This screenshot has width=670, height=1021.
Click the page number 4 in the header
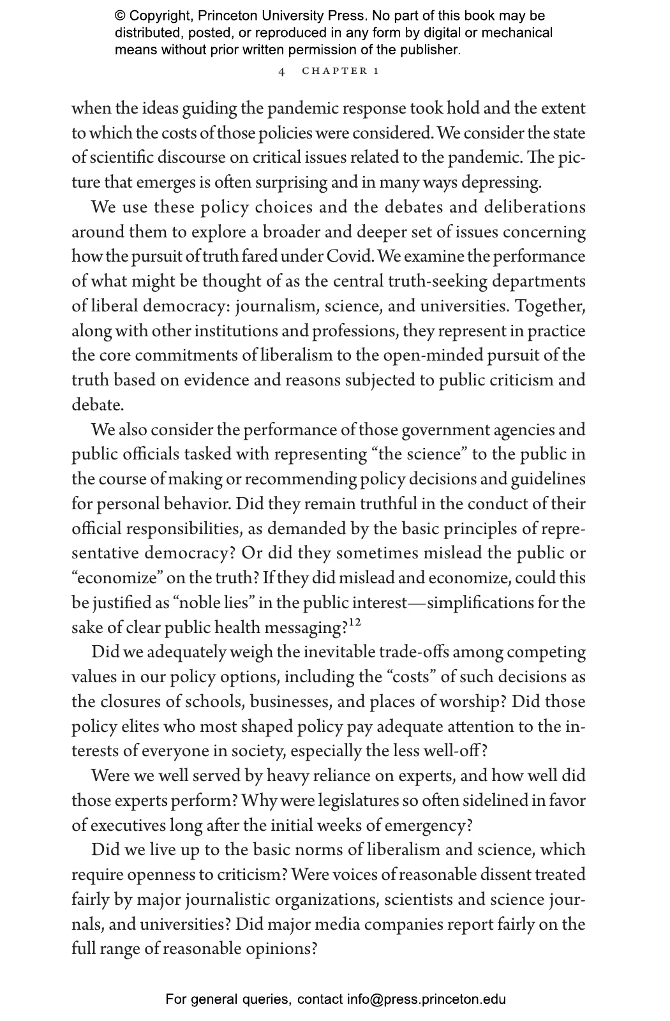[281, 71]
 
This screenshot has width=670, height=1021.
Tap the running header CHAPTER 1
[340, 71]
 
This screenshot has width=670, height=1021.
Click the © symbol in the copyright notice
[120, 16]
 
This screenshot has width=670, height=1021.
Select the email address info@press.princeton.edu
[426, 999]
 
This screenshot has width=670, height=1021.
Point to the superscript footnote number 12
[354, 623]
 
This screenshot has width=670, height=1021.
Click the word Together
[550, 306]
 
